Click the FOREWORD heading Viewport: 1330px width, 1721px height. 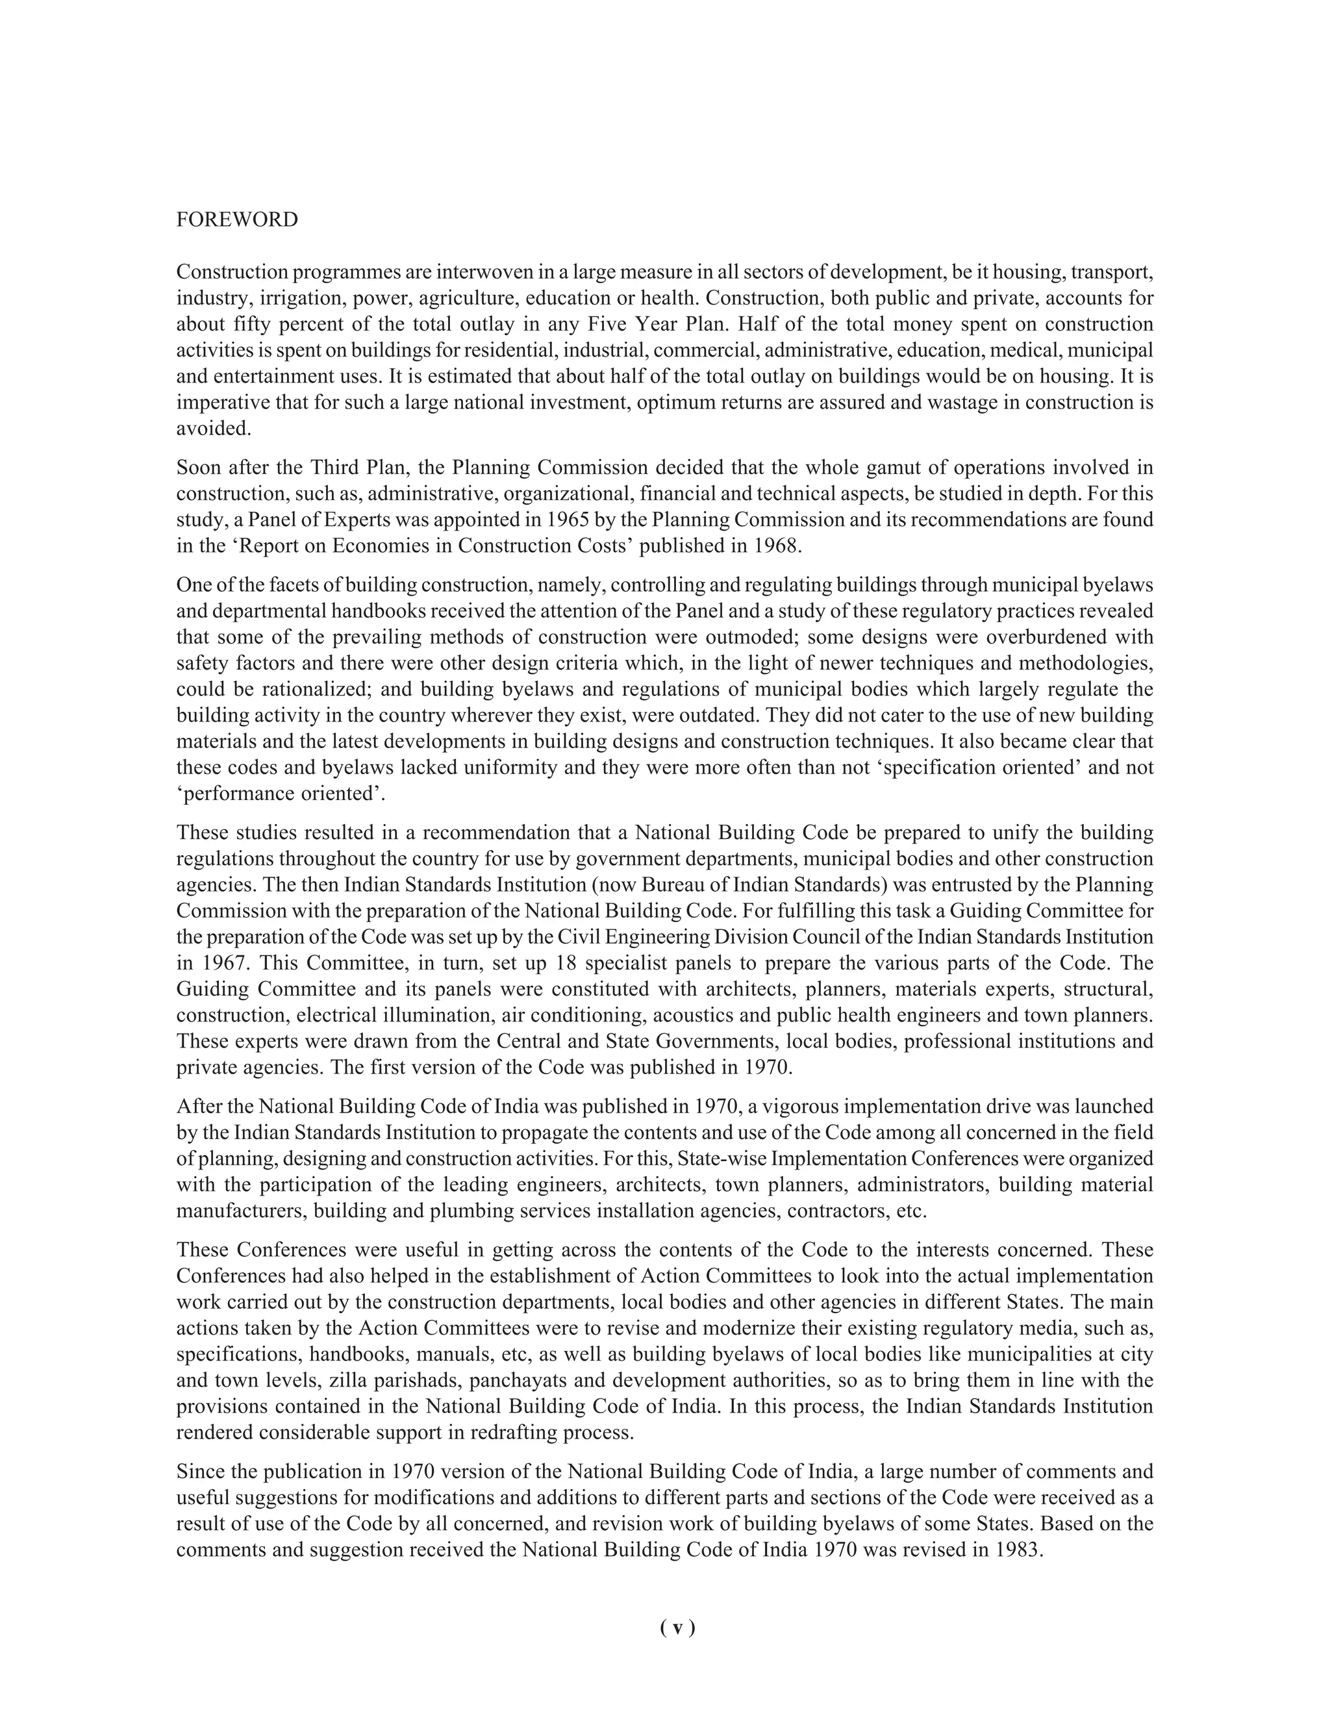237,220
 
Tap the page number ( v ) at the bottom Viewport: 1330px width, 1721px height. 677,1627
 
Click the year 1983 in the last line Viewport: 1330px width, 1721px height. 1018,1549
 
